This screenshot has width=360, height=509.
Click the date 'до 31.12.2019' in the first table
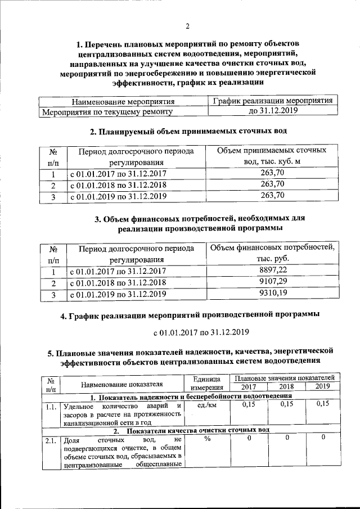[273, 111]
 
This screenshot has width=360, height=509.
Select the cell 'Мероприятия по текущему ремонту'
[107, 112]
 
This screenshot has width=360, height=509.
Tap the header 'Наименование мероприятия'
[123, 102]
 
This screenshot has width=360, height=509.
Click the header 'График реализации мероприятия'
[273, 101]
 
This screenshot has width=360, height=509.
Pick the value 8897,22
[273, 271]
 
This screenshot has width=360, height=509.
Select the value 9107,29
[273, 282]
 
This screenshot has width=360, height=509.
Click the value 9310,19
[273, 294]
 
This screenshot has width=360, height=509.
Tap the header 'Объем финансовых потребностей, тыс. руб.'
[273, 254]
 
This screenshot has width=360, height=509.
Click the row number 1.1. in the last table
[51, 406]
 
